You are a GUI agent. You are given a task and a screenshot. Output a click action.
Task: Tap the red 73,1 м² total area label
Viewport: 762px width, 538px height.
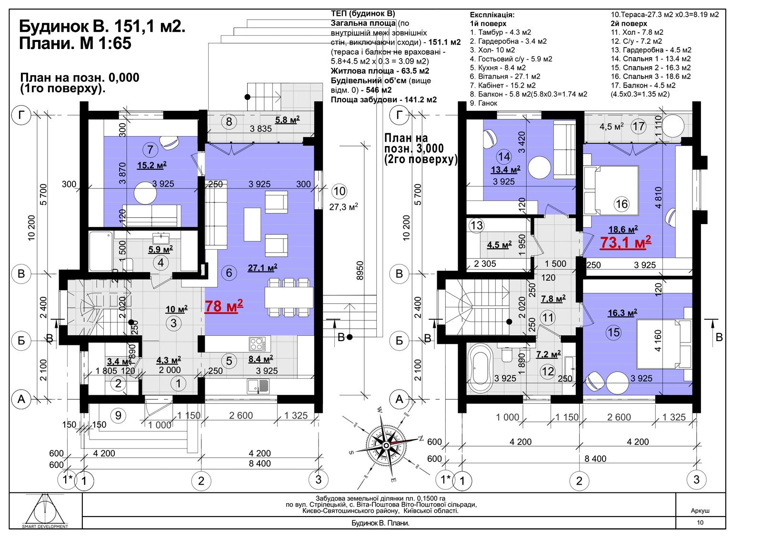[625, 243]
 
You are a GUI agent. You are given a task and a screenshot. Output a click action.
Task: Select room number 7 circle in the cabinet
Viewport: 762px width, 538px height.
[150, 149]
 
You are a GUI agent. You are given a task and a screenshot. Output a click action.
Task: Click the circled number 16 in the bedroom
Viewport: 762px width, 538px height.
[622, 204]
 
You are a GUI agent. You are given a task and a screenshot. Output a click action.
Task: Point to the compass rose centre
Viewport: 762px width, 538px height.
[386, 445]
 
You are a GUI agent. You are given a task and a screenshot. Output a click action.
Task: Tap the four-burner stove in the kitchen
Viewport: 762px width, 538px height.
[257, 343]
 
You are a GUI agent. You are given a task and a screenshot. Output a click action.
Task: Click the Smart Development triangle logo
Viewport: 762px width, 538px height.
[45, 510]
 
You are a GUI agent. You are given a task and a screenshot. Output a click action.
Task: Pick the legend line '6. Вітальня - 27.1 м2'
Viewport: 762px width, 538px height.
[505, 77]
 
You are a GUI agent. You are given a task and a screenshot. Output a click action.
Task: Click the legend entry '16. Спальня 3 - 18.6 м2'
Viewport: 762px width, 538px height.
[651, 77]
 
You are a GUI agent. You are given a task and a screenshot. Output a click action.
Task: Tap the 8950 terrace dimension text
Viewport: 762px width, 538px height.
[360, 271]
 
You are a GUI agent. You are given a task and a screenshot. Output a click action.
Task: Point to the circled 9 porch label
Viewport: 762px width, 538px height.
[118, 415]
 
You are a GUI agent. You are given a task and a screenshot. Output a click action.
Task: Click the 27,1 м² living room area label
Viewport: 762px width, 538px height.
[262, 268]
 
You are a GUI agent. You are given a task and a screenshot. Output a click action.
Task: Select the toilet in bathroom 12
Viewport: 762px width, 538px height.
[507, 354]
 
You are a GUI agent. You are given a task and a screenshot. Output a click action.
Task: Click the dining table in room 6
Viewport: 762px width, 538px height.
[289, 298]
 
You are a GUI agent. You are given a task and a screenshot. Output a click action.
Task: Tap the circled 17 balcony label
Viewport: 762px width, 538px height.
[638, 126]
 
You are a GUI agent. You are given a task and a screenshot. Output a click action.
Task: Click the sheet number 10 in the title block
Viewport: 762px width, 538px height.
[700, 523]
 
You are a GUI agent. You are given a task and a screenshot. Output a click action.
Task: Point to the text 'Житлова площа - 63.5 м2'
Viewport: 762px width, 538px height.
[380, 71]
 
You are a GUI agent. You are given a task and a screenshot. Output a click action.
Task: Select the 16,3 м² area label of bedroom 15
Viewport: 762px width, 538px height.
[622, 313]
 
